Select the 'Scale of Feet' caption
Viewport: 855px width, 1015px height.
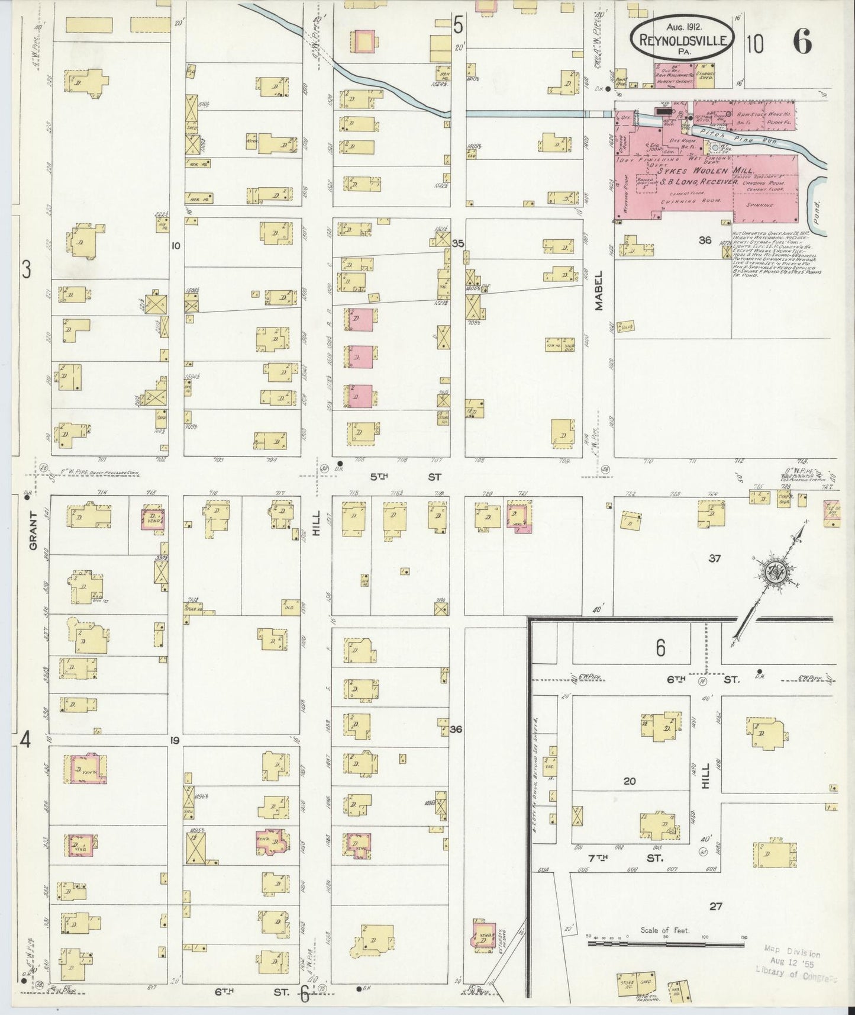tap(664, 947)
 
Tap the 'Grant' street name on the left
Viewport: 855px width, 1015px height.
tap(33, 531)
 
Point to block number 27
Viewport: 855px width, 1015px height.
tap(715, 906)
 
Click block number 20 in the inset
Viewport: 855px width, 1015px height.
tap(629, 781)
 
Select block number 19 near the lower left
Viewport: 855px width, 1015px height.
tap(175, 740)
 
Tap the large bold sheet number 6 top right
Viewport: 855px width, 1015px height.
tap(802, 43)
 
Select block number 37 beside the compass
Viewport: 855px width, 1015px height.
tap(715, 558)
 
